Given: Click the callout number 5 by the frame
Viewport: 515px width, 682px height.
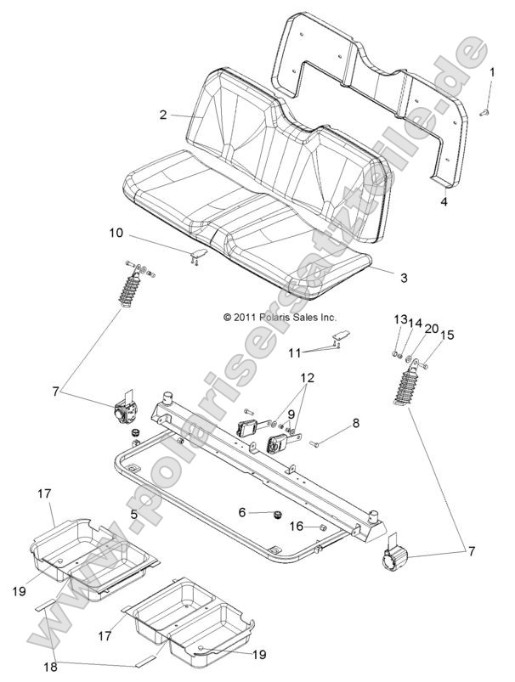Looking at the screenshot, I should tap(133, 514).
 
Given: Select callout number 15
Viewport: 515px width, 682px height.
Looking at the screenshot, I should tap(445, 335).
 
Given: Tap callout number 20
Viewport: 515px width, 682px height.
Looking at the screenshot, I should tap(432, 328).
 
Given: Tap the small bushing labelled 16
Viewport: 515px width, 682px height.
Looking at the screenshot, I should tap(323, 527).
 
